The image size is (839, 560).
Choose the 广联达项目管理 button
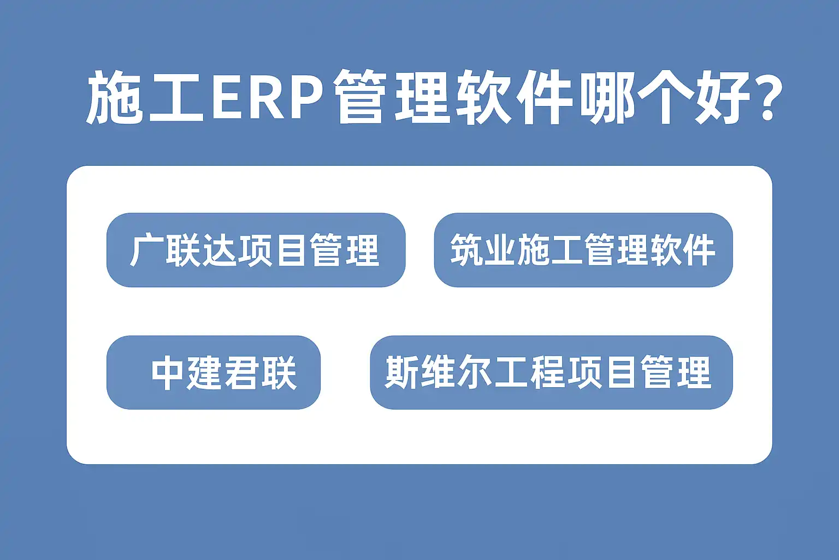(x=256, y=250)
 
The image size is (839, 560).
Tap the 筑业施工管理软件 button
(x=583, y=250)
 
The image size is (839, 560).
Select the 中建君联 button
(x=214, y=372)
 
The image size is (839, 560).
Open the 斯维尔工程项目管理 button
(x=551, y=372)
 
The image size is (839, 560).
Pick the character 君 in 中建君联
(x=241, y=373)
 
